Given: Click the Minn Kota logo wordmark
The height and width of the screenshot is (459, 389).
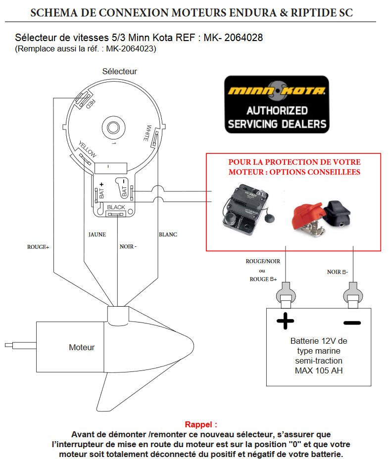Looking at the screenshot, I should (276, 91).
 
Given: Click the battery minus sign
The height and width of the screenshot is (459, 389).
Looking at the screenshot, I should (352, 323).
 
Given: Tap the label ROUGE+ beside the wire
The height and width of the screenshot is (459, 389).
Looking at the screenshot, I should (38, 246).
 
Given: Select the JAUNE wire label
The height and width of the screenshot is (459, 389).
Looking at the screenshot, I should (97, 234).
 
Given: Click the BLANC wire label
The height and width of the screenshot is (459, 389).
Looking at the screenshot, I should (168, 234).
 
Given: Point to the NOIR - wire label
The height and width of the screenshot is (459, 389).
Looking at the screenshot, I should (128, 246).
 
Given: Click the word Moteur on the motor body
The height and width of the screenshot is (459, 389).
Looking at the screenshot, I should (82, 347).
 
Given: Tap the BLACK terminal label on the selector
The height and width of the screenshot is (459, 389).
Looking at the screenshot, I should (116, 207).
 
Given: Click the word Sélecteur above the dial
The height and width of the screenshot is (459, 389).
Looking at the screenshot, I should (119, 71).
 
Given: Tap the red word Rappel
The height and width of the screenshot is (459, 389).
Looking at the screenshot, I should (201, 424).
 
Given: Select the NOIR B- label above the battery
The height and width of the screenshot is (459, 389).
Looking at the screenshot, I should (338, 272).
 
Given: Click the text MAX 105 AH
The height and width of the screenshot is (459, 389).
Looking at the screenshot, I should (319, 370).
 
